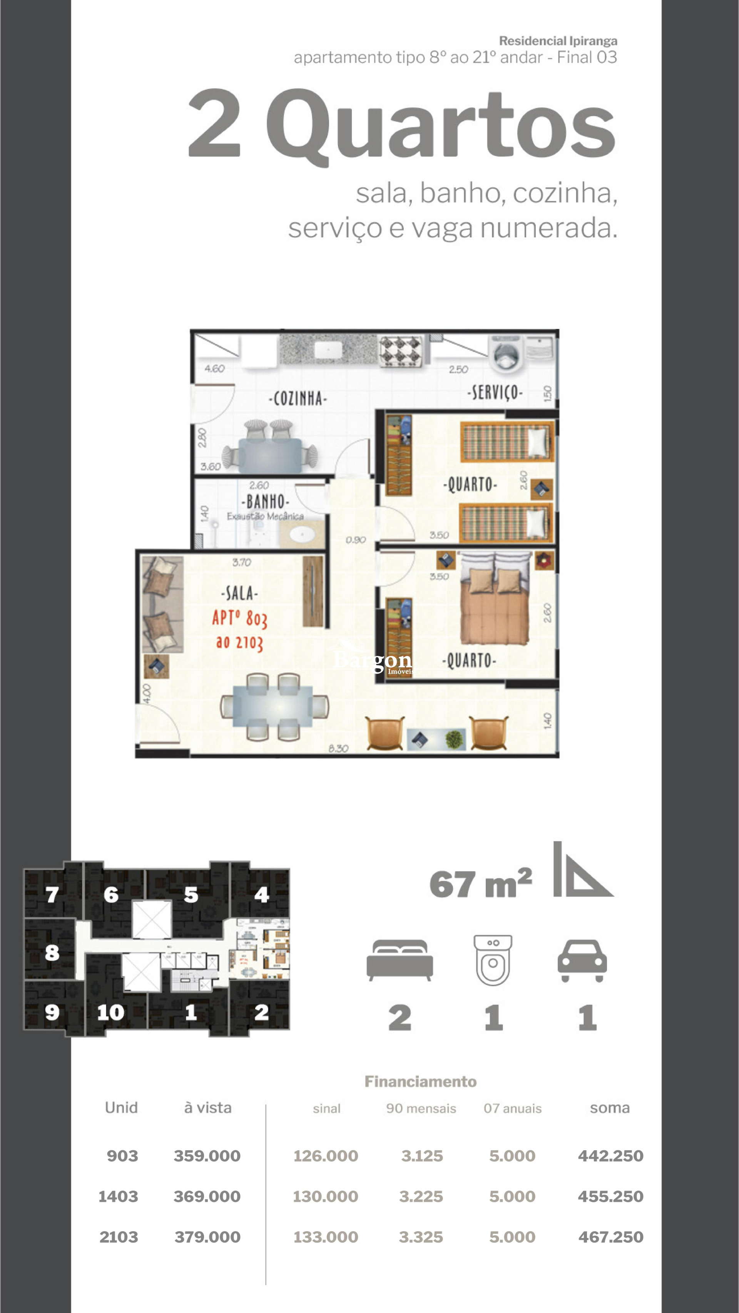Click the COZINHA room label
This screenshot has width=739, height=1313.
298,398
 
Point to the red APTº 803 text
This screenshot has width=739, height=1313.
240,618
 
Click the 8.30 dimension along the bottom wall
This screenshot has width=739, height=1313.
338,748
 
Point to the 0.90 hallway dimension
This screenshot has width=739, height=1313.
356,540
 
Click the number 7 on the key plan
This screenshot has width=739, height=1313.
52,894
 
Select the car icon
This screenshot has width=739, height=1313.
582,960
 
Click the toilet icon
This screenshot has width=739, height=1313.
493,960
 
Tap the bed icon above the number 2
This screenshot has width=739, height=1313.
400,960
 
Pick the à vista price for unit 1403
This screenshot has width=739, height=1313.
207,1196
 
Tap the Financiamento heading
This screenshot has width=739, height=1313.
420,1081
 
